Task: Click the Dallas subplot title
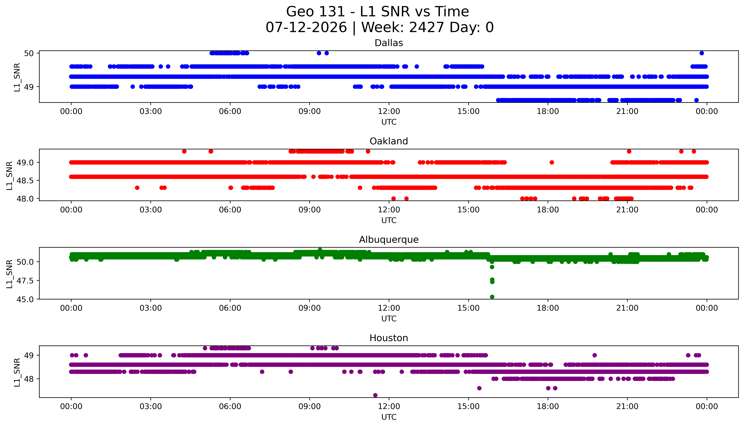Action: coord(389,43)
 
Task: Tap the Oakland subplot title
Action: coord(389,141)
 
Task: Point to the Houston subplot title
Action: coord(389,338)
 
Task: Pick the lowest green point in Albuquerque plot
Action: coord(492,297)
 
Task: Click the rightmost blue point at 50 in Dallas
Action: coord(702,53)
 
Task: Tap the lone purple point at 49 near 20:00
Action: coord(595,355)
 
